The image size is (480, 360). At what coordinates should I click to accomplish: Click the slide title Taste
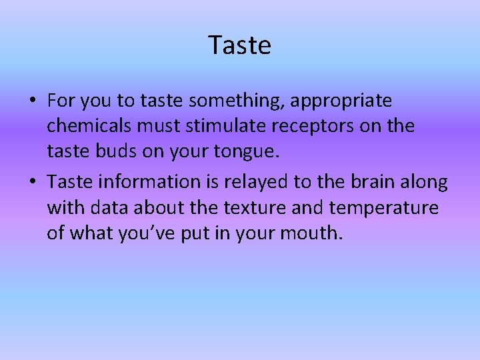point(240,45)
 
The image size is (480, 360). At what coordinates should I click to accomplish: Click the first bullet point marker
point(32,101)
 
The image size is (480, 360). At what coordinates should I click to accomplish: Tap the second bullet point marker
point(32,181)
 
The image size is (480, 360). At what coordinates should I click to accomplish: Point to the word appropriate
point(350,101)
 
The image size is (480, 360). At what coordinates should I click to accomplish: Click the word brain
point(383,181)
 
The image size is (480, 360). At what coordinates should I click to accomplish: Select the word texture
point(251,207)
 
